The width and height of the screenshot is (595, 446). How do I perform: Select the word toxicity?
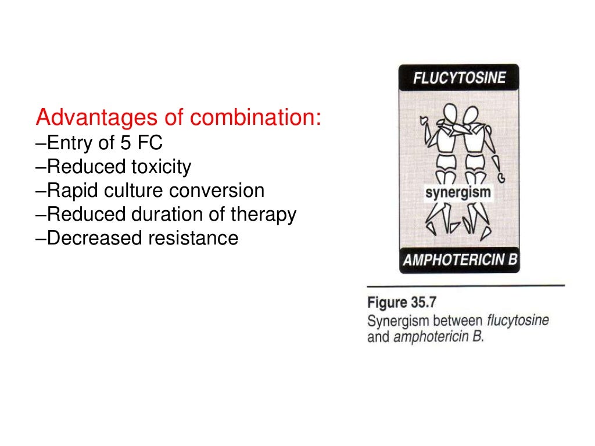pyautogui.click(x=157, y=167)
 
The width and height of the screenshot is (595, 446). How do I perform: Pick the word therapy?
pyautogui.click(x=264, y=215)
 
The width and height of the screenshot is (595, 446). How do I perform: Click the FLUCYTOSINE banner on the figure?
pyautogui.click(x=459, y=78)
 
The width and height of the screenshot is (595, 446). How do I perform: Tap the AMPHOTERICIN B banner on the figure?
pyautogui.click(x=459, y=260)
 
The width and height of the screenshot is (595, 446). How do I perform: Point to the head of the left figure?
pyautogui.click(x=448, y=113)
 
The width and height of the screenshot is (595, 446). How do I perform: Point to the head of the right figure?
pyautogui.click(x=471, y=114)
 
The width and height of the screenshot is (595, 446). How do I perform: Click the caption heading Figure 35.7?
pyautogui.click(x=402, y=303)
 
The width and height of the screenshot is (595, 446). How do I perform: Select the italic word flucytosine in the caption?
pyautogui.click(x=518, y=320)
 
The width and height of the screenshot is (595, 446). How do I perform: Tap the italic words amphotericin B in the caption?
pyautogui.click(x=438, y=336)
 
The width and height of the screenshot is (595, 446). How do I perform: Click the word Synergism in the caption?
pyautogui.click(x=396, y=320)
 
